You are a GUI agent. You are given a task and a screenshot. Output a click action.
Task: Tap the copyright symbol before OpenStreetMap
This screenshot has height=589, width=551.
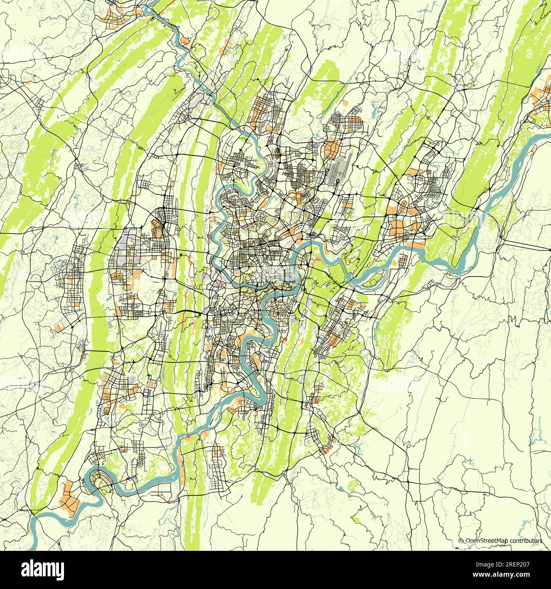tap(462, 541)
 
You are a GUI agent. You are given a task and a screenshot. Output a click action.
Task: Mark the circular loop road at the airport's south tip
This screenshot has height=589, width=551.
tap(337, 182)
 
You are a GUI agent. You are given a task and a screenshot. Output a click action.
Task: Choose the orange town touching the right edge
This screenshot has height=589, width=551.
tap(543, 100)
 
